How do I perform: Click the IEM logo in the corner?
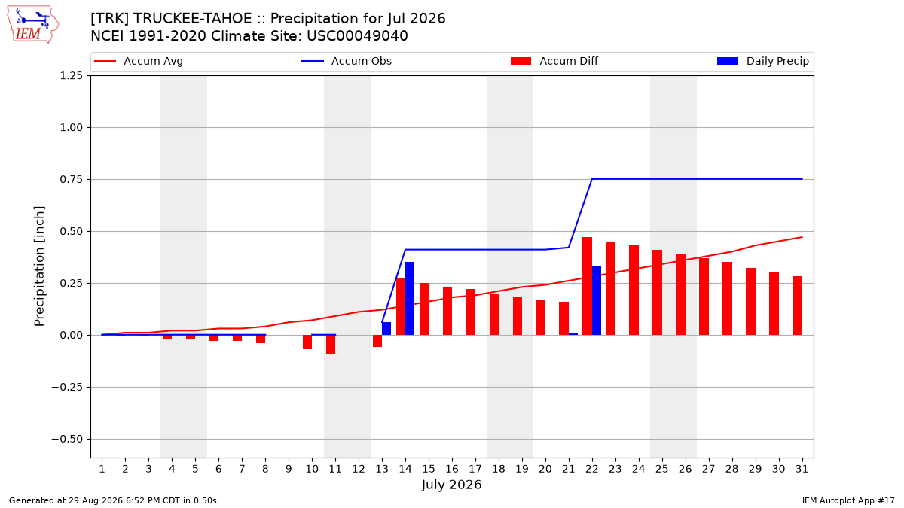pos(33,25)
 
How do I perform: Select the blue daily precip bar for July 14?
pos(410,298)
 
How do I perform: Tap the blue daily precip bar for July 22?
pos(597,301)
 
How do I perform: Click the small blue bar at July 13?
pos(386,329)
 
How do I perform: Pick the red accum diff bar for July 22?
pos(587,286)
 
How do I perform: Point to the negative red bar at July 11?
pos(331,345)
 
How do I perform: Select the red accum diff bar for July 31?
pos(797,306)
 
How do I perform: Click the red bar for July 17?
pos(471,312)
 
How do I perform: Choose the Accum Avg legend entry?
pos(139,61)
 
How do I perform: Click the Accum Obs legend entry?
pos(347,61)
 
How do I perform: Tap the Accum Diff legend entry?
pos(554,61)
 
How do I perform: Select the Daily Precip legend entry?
pos(762,61)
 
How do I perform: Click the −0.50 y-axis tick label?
pos(67,439)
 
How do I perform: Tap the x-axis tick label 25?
pos(662,469)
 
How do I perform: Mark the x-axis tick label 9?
pos(289,469)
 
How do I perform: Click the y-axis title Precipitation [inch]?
pos(39,266)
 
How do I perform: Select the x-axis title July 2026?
pos(451,485)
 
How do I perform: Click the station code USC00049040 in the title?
pos(357,36)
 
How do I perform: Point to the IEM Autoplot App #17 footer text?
pos(848,500)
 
